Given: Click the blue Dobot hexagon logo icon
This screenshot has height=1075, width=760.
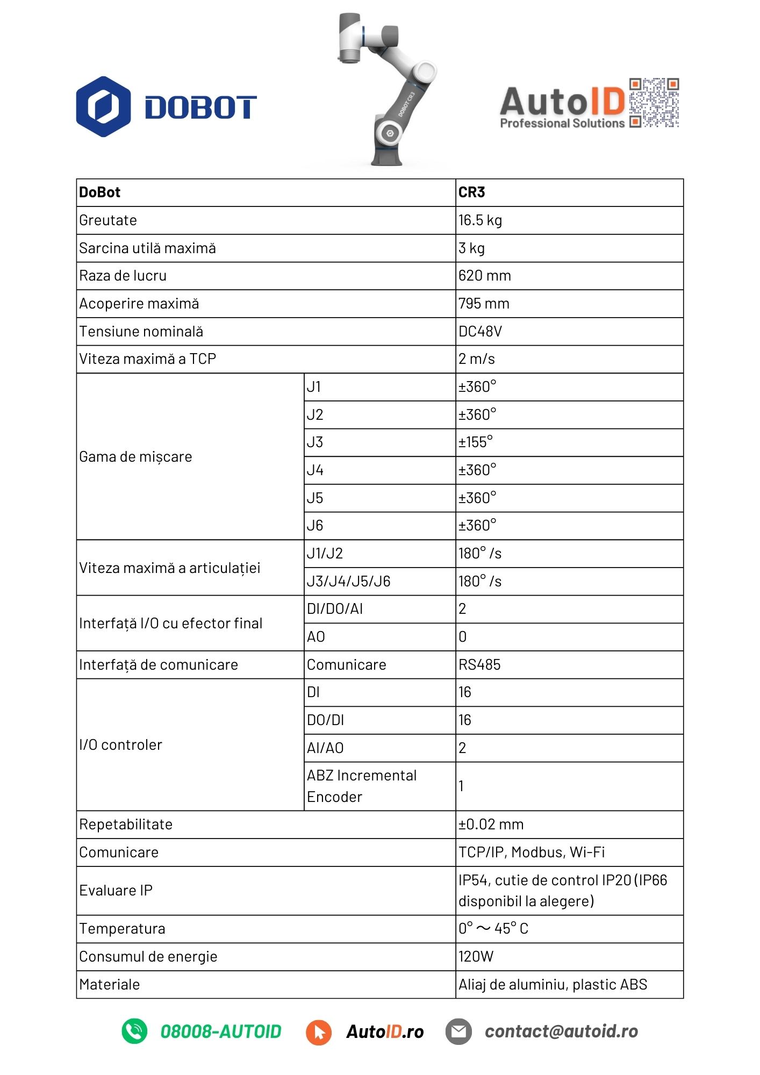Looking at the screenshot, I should (103, 106).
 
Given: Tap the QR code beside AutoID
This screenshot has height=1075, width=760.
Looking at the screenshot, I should (654, 103).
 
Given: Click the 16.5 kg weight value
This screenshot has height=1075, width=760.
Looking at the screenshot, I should (480, 220).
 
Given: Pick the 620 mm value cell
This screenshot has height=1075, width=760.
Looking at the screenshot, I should (484, 276).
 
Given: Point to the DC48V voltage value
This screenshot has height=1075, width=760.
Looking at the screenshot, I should (480, 332).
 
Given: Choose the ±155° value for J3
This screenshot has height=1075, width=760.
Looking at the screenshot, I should (476, 442).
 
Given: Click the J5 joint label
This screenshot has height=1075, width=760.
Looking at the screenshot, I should (315, 498).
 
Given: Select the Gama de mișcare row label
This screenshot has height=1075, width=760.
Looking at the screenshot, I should (135, 457).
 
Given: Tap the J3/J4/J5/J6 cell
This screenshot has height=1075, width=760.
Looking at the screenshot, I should (348, 582).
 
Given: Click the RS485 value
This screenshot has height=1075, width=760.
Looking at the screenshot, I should (479, 665).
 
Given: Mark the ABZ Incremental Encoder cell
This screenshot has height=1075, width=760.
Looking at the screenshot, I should (362, 786).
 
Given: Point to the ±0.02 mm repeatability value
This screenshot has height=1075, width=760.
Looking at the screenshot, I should (491, 825).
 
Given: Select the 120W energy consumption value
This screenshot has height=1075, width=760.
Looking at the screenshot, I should (476, 957).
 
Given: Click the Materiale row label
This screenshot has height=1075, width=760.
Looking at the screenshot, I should (110, 985).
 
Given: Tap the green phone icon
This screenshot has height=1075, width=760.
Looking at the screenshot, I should (134, 1031).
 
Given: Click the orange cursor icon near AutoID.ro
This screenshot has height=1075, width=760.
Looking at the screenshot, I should (319, 1032).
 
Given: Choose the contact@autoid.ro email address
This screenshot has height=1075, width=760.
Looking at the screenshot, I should (561, 1031).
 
